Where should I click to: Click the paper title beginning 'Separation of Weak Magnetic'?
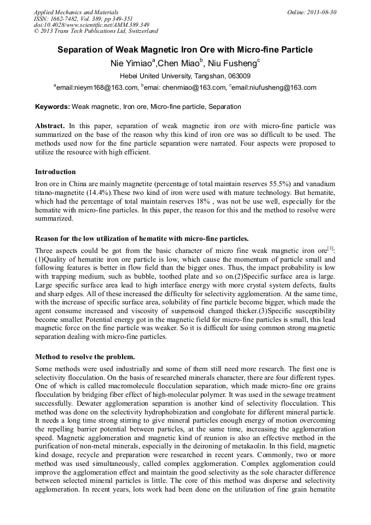(x=185, y=50)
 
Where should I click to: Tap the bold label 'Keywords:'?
(x=53, y=107)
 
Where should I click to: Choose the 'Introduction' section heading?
(x=56, y=172)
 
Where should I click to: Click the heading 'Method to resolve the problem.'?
(x=85, y=357)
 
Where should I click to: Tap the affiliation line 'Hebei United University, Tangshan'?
(x=185, y=76)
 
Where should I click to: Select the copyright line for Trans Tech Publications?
(x=96, y=31)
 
